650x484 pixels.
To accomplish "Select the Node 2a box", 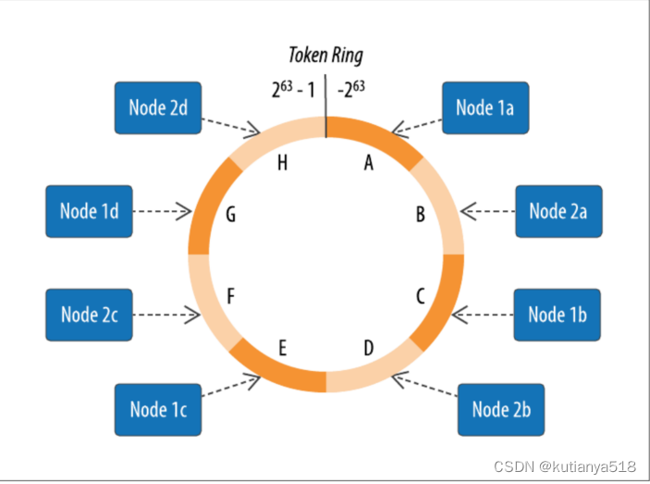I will (x=558, y=211).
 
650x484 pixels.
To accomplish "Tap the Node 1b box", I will (x=557, y=315).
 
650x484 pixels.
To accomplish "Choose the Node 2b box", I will (x=500, y=408).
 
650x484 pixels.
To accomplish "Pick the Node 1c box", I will (x=158, y=408).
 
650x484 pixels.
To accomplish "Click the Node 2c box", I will (x=89, y=315).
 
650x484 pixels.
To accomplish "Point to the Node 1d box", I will (x=89, y=211).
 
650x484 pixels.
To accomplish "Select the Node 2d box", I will (x=157, y=107).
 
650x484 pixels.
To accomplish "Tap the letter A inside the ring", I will (x=368, y=163).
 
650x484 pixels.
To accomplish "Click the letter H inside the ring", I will (x=282, y=163).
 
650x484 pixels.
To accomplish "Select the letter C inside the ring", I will (x=420, y=296).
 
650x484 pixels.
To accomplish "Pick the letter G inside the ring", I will (x=230, y=215).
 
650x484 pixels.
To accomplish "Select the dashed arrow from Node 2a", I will (x=488, y=212).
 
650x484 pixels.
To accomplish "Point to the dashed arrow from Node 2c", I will (x=165, y=315).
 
